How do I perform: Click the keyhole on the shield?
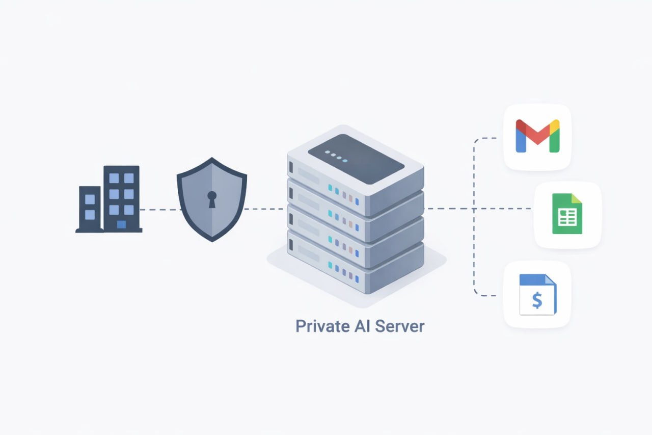point(212,199)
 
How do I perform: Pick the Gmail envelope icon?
point(537,136)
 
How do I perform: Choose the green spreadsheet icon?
point(567,214)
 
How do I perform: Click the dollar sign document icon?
point(537,294)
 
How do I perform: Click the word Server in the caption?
point(399,326)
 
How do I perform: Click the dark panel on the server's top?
point(356,159)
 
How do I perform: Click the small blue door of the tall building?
point(121,224)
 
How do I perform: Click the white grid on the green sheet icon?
point(567,218)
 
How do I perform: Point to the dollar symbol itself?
point(537,300)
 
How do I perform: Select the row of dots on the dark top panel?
point(336,157)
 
